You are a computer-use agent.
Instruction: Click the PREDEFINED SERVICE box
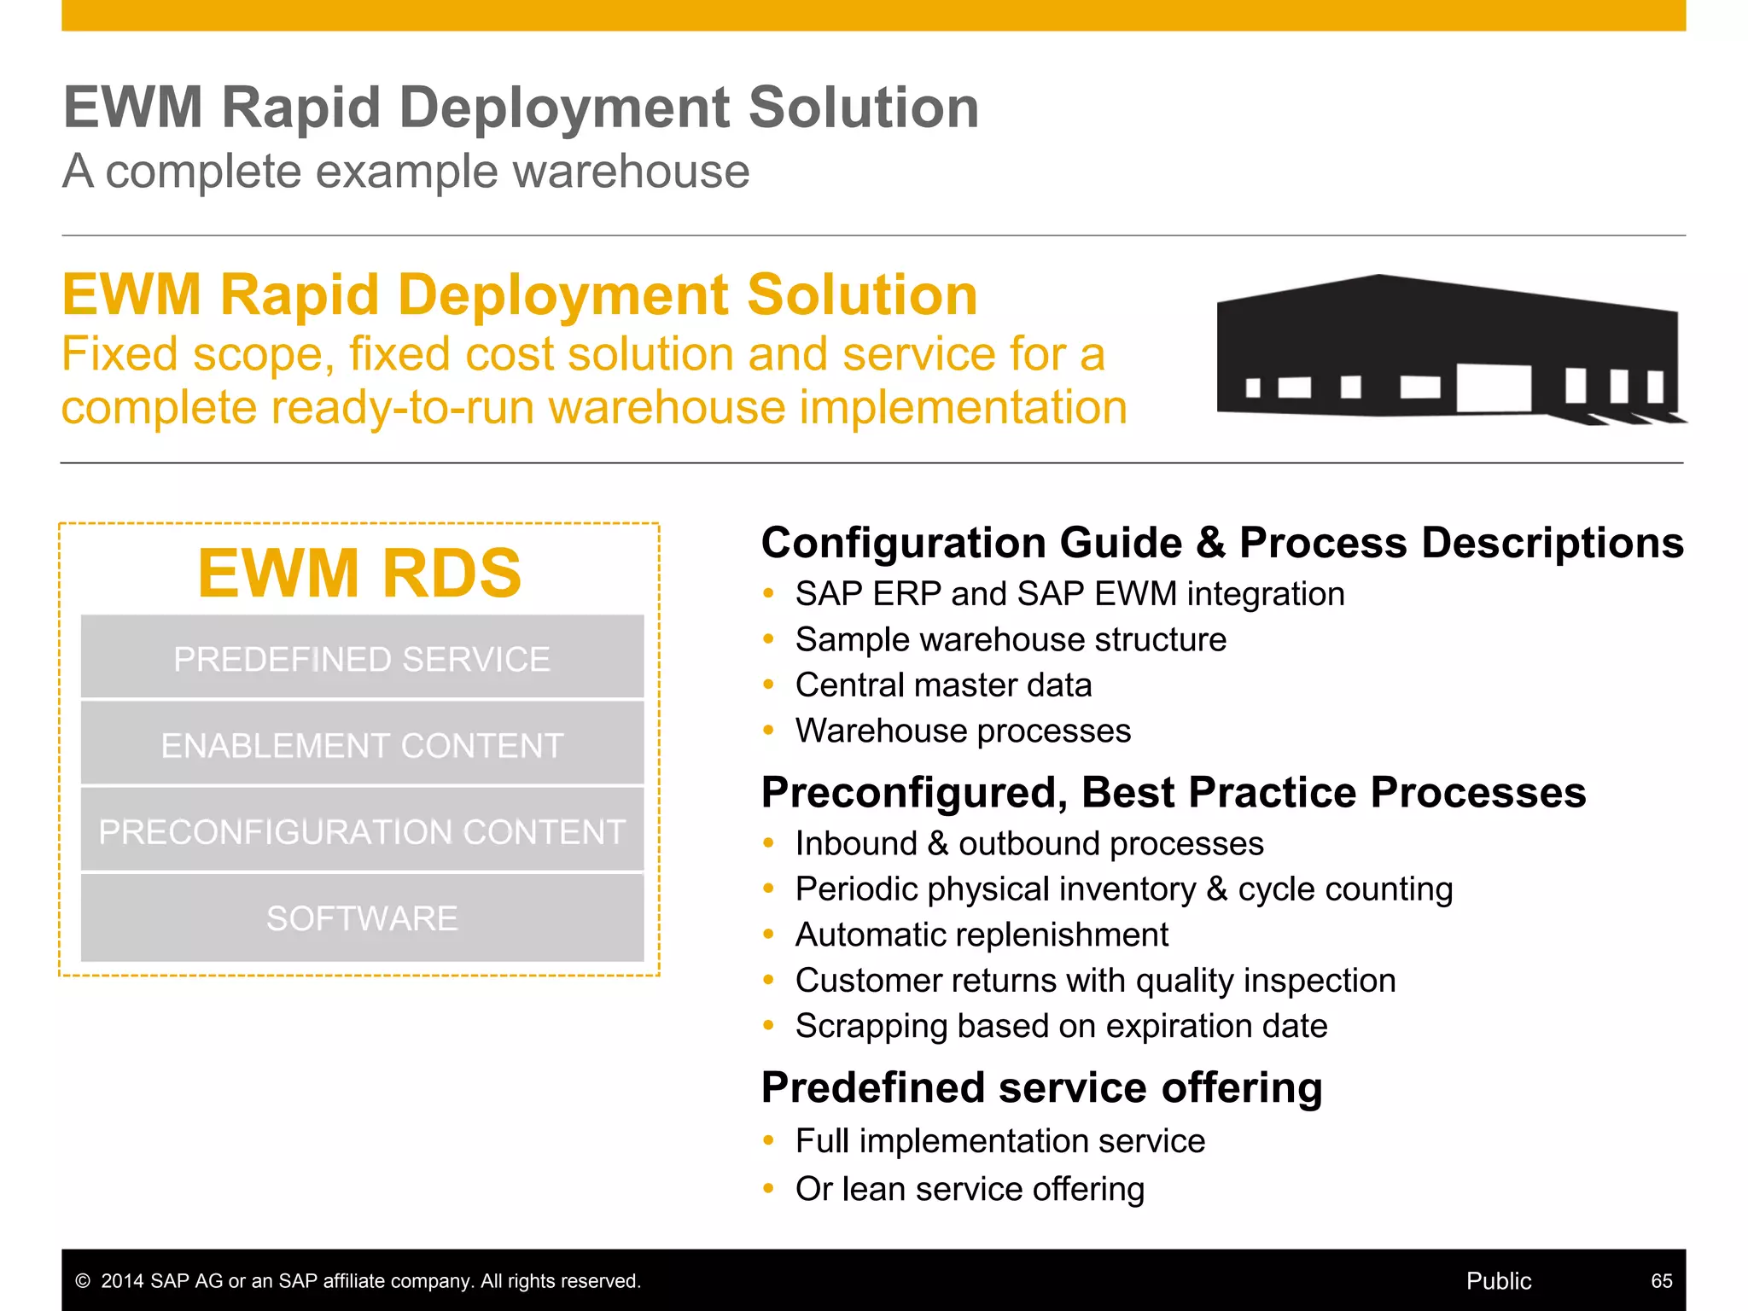coord(362,658)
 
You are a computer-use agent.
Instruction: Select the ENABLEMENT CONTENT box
coord(362,745)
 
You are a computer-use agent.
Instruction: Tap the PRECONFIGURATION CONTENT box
coord(362,831)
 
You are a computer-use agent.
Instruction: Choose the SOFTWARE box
coord(362,918)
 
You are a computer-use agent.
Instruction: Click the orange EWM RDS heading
coord(359,573)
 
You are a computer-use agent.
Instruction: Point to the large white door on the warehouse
coord(1493,388)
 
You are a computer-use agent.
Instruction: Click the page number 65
coord(1661,1280)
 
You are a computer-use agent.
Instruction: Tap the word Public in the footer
coord(1498,1280)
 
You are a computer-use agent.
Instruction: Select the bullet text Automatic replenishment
coord(982,935)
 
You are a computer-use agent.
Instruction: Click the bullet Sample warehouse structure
coord(1011,639)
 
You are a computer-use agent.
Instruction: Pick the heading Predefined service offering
coord(1041,1087)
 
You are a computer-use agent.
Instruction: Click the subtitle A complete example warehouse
coord(406,171)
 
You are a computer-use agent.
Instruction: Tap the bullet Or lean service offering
coord(970,1188)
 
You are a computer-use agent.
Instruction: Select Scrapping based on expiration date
coord(1061,1026)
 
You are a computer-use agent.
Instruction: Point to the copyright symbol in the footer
coord(83,1281)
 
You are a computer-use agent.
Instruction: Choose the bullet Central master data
coord(943,685)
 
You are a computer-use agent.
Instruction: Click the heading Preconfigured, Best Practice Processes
coord(1174,792)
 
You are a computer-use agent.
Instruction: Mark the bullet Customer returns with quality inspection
coord(1095,980)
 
